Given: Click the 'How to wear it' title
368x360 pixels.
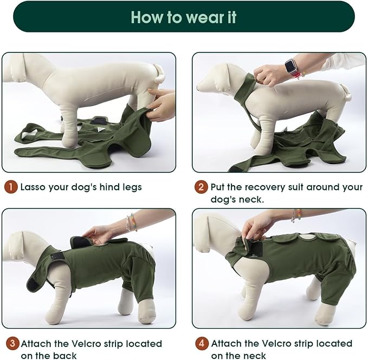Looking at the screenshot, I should coord(184,17).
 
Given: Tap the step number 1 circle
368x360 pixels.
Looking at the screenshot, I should coord(11,187).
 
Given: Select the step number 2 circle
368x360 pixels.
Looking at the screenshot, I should coord(201,187).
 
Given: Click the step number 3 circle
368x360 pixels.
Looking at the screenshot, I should coord(11,344).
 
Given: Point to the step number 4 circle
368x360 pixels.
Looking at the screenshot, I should coord(201,344).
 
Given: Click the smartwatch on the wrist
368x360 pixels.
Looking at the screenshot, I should coord(291,68).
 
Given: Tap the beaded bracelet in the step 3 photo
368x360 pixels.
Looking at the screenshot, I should coord(131,222).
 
